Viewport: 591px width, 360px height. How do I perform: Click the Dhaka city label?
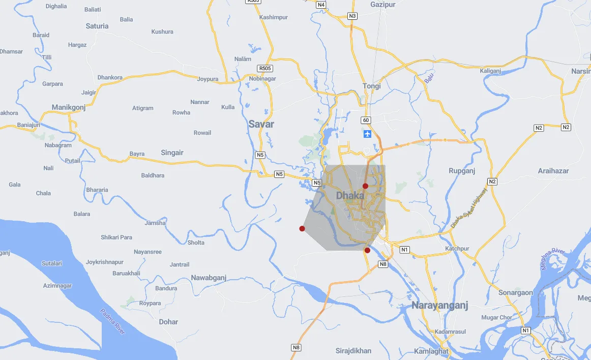click(x=350, y=195)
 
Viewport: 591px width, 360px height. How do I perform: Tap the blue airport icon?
click(x=368, y=134)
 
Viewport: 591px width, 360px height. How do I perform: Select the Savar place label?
click(x=261, y=124)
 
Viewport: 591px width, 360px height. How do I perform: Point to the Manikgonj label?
click(x=69, y=107)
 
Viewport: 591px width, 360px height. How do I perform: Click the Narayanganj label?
click(x=439, y=306)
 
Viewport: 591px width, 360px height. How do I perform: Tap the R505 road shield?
click(x=265, y=68)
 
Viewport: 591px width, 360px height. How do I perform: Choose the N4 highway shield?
click(x=321, y=5)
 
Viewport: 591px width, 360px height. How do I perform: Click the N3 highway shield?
click(x=352, y=16)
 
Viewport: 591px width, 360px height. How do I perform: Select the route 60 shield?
click(x=366, y=121)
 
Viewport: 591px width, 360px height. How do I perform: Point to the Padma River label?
click(x=112, y=322)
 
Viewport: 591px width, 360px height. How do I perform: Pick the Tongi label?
click(x=372, y=86)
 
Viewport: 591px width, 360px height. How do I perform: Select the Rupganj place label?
click(x=462, y=171)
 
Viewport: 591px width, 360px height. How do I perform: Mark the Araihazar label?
click(x=553, y=171)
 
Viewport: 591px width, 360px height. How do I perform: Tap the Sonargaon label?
click(x=515, y=293)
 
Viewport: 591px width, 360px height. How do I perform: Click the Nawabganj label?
click(x=209, y=278)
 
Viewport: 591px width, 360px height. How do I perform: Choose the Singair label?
click(x=172, y=153)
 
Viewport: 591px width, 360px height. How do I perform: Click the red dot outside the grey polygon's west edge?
click(x=302, y=229)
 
